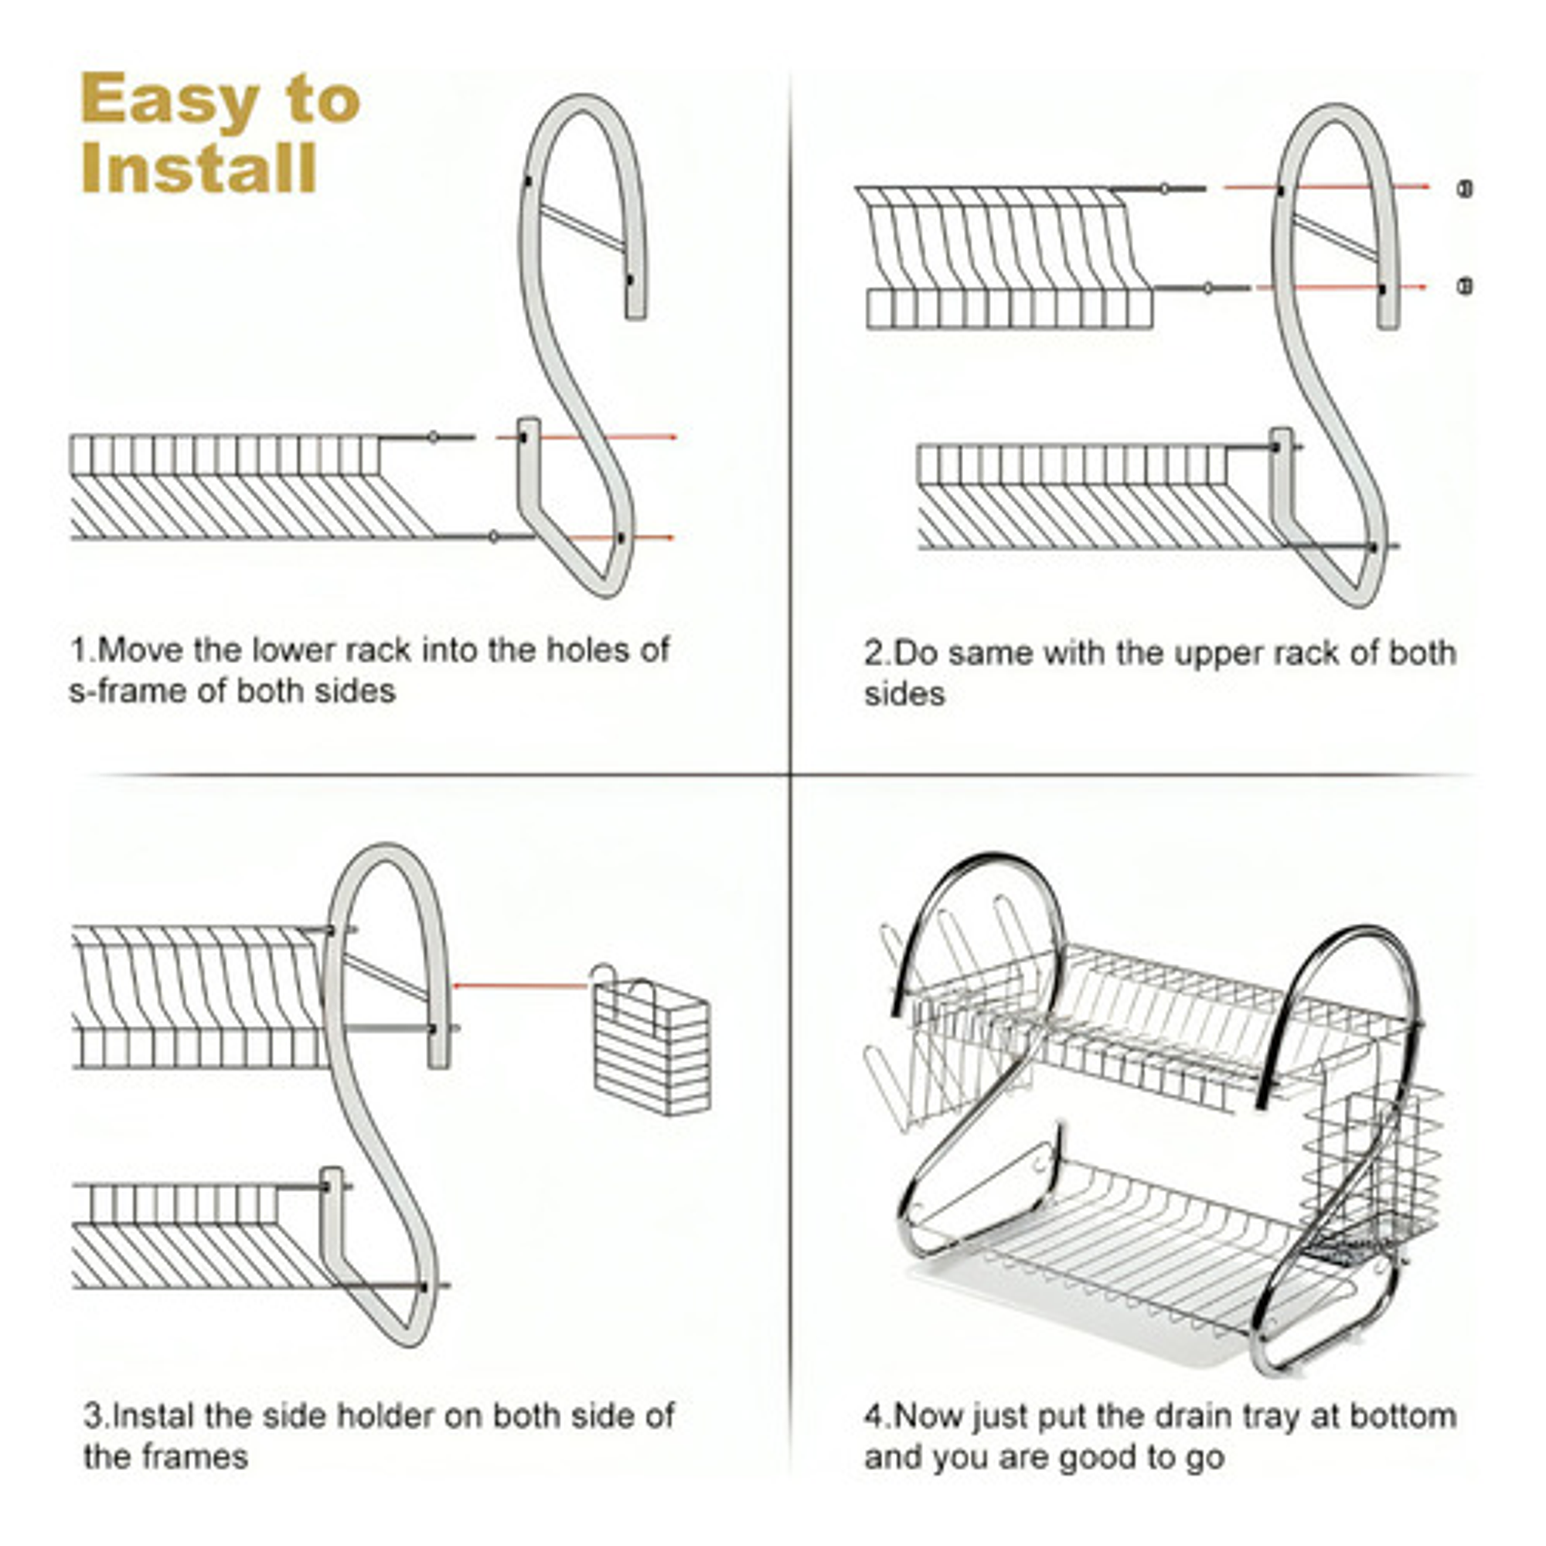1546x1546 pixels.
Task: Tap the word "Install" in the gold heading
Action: tap(199, 169)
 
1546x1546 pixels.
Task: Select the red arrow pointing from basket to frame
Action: tap(520, 986)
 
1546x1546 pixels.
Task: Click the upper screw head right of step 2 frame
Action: tap(1465, 189)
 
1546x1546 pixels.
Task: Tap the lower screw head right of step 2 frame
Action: tap(1465, 286)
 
